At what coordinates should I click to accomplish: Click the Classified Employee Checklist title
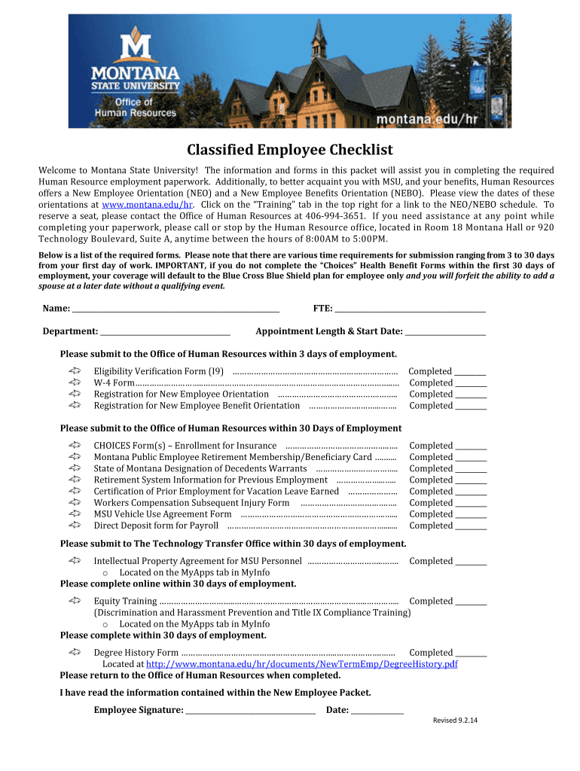pyautogui.click(x=290, y=150)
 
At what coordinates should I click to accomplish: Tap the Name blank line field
pyautogui.click(x=176, y=308)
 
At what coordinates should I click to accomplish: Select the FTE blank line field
pyautogui.click(x=410, y=308)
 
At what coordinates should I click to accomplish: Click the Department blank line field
pyautogui.click(x=165, y=331)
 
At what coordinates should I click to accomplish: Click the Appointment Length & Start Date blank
pyautogui.click(x=445, y=331)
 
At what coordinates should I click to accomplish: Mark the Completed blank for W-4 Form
pyautogui.click(x=471, y=383)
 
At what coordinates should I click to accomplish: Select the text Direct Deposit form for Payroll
pyautogui.click(x=156, y=526)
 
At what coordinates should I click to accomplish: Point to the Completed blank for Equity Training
pyautogui.click(x=471, y=602)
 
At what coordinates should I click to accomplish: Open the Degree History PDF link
pyautogui.click(x=301, y=664)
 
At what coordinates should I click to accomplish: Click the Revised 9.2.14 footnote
pyautogui.click(x=456, y=721)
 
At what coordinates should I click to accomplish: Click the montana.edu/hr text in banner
pyautogui.click(x=427, y=119)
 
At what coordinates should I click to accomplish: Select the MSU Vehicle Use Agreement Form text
pyautogui.click(x=163, y=514)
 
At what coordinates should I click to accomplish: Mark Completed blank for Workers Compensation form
pyautogui.click(x=471, y=504)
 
